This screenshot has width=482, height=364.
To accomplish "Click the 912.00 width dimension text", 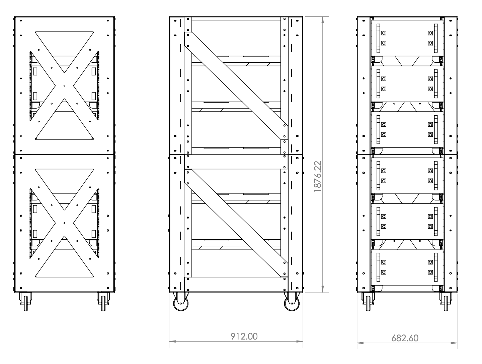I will (244, 336).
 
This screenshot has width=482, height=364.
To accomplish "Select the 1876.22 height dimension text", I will (318, 176).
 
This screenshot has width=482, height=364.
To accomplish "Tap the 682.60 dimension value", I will (405, 338).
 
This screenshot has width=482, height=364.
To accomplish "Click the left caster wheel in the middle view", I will (181, 303).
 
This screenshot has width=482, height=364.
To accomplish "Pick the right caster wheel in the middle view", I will (292, 303).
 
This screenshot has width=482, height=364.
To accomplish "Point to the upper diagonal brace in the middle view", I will (236, 85).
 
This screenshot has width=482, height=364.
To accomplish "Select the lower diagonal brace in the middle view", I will (236, 223).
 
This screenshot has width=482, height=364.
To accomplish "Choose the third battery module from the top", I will (407, 129).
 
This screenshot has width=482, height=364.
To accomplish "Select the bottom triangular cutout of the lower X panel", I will (64, 265).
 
